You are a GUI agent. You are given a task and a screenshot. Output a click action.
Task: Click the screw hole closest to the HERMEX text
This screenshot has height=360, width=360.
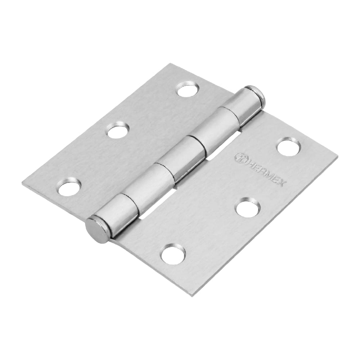(289, 147)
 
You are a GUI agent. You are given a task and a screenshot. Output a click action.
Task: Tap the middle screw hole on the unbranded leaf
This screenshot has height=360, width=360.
(118, 131)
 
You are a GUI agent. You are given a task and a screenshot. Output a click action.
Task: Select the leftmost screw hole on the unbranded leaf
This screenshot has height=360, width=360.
(69, 187)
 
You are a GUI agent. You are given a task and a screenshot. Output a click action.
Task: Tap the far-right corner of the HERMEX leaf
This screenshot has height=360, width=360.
(337, 158)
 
